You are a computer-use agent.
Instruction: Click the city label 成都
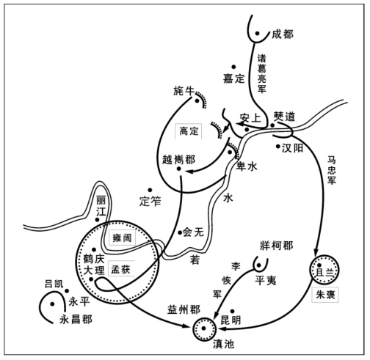pos(283,34)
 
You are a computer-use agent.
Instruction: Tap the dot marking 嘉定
pos(233,67)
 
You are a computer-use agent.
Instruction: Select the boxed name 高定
pos(189,131)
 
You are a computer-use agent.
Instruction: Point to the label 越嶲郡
pos(179,160)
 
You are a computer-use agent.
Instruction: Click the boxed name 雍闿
pos(122,238)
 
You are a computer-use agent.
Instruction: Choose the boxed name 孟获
pos(121,269)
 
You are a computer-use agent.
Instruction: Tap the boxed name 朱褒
pos(325,295)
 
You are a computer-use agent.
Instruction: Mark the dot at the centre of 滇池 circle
pos(204,328)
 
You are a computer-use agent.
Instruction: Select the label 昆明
pos(231,320)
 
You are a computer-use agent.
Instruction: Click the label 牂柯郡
pos(276,246)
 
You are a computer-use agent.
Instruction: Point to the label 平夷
pos(266,281)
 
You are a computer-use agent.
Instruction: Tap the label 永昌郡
pos(76,320)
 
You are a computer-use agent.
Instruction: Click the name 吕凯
pos(54,284)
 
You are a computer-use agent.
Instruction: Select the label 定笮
pos(150,202)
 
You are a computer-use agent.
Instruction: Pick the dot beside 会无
pos(180,232)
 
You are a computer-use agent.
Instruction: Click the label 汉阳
pos(292,148)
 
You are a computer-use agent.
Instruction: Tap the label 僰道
pos(284,117)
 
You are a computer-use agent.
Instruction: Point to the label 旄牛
pos(184,91)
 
